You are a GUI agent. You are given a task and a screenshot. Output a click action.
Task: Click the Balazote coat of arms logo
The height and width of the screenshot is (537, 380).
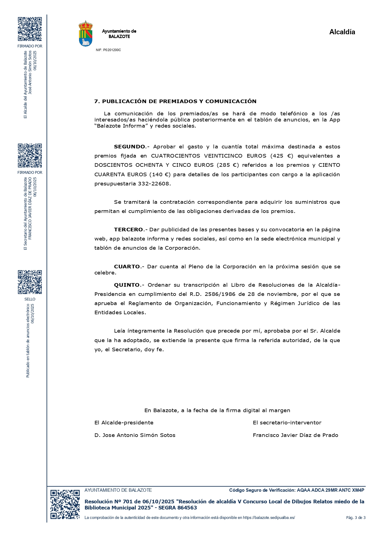pyautogui.click(x=86, y=34)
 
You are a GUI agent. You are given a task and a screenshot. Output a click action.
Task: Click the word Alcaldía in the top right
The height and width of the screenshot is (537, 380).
pyautogui.click(x=342, y=32)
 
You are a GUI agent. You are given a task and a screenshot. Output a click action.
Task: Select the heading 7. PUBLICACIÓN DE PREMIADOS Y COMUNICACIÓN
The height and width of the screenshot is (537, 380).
pyautogui.click(x=175, y=101)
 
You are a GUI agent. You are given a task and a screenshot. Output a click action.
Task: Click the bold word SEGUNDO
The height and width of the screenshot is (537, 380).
pyautogui.click(x=129, y=147)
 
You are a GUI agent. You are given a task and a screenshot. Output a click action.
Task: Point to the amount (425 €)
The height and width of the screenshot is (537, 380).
pyautogui.click(x=282, y=156)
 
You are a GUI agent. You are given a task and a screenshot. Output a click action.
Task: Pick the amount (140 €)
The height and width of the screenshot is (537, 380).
pyautogui.click(x=160, y=175)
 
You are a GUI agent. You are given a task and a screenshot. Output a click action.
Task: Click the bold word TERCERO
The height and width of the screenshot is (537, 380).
pyautogui.click(x=128, y=229)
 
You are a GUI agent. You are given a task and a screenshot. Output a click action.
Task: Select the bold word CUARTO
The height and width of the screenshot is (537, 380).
pyautogui.click(x=127, y=267)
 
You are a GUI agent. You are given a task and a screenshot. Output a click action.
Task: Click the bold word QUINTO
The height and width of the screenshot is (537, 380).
pyautogui.click(x=127, y=285)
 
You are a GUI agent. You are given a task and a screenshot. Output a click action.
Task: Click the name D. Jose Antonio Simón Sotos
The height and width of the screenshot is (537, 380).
pyautogui.click(x=135, y=435)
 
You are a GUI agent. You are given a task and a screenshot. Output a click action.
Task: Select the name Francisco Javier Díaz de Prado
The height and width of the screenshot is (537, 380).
pyautogui.click(x=295, y=435)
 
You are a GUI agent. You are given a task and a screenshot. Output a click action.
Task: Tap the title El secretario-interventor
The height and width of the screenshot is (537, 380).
pyautogui.click(x=287, y=423)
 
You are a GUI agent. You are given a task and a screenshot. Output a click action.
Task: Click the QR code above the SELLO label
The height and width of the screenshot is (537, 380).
pyautogui.click(x=30, y=282)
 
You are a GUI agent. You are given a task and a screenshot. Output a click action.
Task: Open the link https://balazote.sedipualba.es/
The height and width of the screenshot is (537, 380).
pyautogui.click(x=269, y=518)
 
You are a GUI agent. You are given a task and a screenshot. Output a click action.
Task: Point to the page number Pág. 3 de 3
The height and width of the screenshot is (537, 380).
pyautogui.click(x=356, y=518)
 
